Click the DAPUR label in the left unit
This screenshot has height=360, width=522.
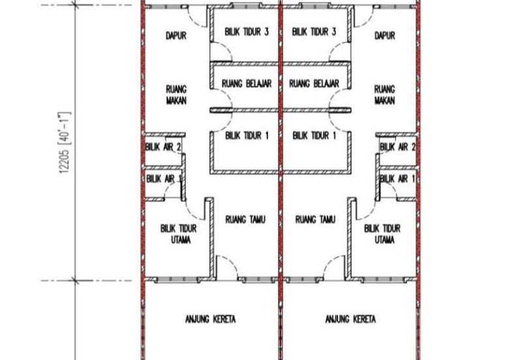[176, 36]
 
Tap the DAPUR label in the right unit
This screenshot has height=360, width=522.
[385, 36]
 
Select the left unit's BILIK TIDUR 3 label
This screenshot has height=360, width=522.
[247, 32]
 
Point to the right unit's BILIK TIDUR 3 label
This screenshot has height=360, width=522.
[315, 32]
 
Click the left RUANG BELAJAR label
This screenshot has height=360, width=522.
[247, 83]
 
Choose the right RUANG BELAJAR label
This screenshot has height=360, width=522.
[315, 83]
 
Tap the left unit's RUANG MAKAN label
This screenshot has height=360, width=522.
[176, 95]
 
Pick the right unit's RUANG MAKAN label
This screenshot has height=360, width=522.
[385, 95]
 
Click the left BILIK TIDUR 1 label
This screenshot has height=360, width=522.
[247, 136]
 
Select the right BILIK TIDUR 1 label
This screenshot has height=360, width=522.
[315, 136]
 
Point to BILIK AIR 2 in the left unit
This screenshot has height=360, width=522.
[163, 147]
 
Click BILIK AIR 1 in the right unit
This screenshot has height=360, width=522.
[397, 179]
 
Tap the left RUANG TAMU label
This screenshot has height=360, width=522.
[246, 220]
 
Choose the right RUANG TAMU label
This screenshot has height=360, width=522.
[316, 220]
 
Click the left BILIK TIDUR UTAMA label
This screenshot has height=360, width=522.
[179, 234]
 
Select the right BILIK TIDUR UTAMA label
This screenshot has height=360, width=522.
[382, 234]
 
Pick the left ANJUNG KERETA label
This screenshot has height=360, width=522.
[211, 320]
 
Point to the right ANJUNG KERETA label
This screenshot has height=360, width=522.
[351, 320]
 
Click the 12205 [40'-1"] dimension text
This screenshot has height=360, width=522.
[64, 143]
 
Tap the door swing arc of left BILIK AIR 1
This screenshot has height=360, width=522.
[170, 187]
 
